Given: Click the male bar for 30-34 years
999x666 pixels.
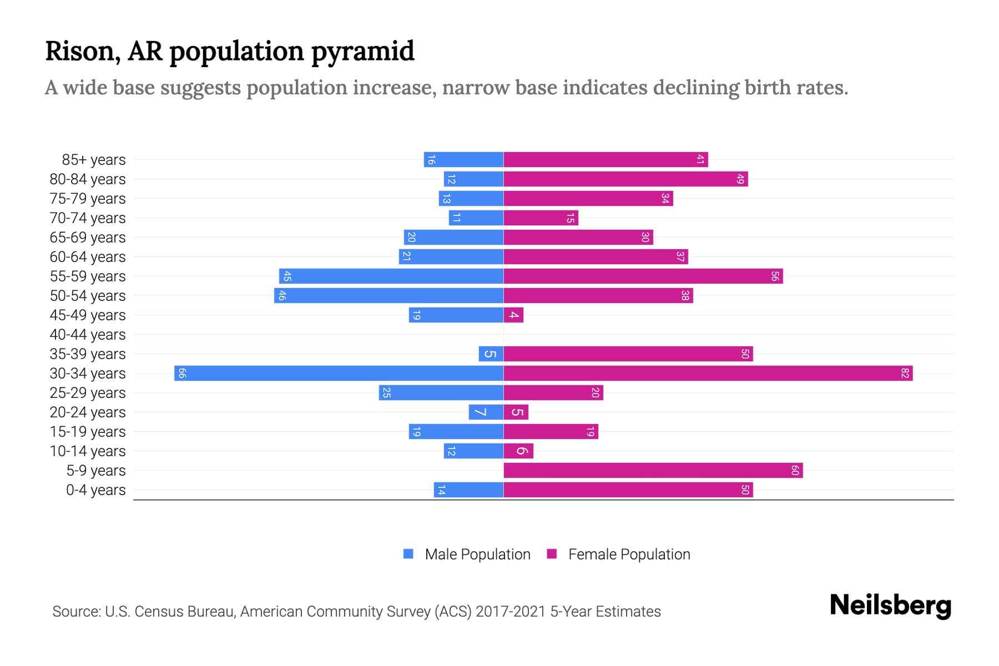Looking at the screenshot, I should coord(339,373).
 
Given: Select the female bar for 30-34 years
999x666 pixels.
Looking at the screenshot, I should coord(708,373).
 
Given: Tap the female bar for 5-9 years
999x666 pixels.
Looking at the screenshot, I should coord(653,471).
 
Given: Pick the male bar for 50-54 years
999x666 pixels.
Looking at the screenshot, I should coord(389,296).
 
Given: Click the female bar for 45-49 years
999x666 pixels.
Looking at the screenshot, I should coord(513,315).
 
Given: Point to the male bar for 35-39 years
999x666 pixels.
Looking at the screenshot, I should coord(491,354).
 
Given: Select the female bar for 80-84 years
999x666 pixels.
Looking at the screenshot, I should coord(625,179).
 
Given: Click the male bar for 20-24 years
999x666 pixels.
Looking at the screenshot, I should coord(486,412).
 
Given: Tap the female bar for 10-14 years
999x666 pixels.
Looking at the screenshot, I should coord(518,451).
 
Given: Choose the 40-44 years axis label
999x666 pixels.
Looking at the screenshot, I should coord(88,335).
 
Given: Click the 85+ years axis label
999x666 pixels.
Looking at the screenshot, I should coord(93,160).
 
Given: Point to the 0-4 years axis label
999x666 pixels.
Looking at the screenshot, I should coord(95,490).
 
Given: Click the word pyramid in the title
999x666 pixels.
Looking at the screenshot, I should coord(362,52).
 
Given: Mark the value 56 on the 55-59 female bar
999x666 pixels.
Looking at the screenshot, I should coord(775,276).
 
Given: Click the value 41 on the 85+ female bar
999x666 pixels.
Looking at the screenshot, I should coord(700,160).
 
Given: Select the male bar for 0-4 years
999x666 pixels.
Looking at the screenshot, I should coord(468,490).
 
